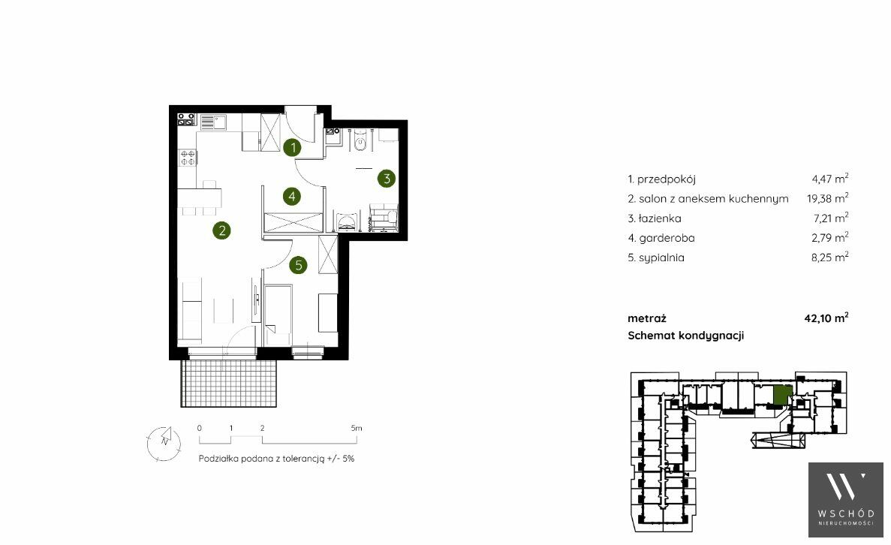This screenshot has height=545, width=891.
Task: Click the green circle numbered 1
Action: (293, 148)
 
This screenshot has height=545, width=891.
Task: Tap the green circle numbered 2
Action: (221, 230)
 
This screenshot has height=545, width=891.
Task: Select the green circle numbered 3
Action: (387, 179)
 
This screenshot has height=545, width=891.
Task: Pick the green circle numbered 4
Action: (291, 197)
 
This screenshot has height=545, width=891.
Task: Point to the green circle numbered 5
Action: (298, 265)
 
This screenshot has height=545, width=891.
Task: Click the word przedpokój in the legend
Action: (666, 179)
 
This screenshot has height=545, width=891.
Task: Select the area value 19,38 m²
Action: (827, 197)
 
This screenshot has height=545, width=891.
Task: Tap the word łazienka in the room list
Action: (660, 218)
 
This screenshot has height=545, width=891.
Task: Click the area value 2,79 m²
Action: (829, 237)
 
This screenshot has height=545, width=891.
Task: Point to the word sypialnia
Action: (661, 257)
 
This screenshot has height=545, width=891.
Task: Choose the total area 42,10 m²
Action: (826, 318)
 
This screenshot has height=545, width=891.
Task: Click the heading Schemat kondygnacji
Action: (686, 336)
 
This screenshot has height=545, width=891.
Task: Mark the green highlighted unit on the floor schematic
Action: (783, 395)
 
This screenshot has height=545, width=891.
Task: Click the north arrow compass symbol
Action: (164, 443)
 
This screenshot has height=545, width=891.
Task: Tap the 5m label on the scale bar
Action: (357, 428)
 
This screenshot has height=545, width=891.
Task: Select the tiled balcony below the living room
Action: (229, 383)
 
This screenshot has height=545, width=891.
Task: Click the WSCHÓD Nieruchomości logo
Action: (845, 499)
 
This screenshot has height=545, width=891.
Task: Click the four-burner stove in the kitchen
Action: (188, 157)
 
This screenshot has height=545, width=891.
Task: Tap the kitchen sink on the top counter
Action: (212, 122)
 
